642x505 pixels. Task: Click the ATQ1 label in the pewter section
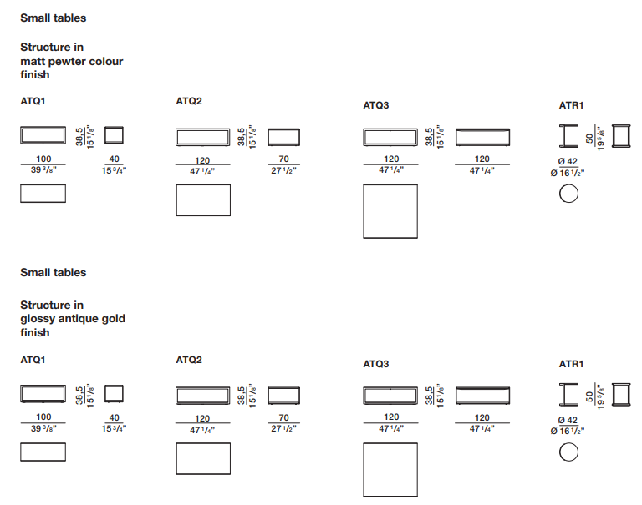tap(33, 102)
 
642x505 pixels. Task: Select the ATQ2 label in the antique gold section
tap(189, 361)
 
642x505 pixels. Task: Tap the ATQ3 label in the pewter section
tap(376, 106)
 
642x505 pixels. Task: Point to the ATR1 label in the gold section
tap(571, 365)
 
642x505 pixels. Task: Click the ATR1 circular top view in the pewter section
tap(568, 194)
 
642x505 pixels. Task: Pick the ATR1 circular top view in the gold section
tap(568, 452)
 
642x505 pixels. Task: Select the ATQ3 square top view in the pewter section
tap(390, 211)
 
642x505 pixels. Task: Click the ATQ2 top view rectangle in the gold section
tap(202, 458)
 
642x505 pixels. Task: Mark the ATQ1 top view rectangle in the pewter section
tap(43, 194)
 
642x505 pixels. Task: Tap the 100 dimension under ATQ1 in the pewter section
tap(43, 159)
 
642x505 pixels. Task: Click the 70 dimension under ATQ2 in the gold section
tap(283, 417)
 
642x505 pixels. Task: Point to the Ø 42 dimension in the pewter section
tap(568, 162)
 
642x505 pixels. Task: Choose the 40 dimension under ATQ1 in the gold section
tap(115, 417)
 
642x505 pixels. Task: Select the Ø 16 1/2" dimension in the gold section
tap(567, 431)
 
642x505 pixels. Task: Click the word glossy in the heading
tap(38, 319)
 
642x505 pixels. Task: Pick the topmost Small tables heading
tap(53, 18)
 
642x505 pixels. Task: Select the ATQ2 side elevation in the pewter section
tap(283, 138)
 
